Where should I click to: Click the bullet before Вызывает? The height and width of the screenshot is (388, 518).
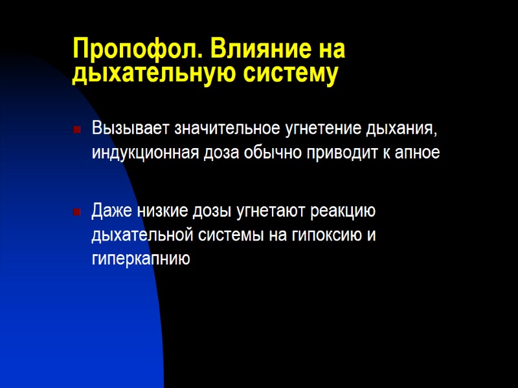click(x=77, y=130)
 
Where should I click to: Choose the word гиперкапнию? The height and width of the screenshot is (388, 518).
click(x=141, y=260)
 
